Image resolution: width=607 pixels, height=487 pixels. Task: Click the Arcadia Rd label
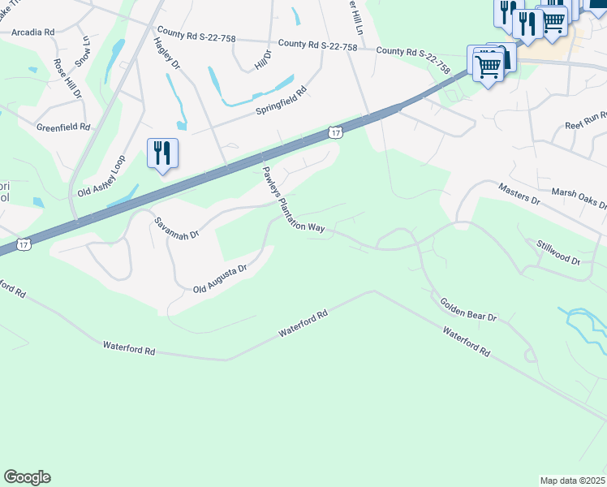pos(32,32)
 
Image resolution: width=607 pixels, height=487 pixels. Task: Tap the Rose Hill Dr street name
pos(68,78)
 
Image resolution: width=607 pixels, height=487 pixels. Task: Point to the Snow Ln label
pos(83,50)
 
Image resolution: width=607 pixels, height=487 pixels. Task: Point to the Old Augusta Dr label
pos(220,279)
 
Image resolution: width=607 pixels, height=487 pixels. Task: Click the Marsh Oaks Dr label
pos(579,197)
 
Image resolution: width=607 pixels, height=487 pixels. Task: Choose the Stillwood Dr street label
pos(558,252)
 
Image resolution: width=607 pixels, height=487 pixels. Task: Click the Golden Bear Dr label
pos(468,308)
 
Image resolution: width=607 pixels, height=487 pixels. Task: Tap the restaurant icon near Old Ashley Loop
pos(162,153)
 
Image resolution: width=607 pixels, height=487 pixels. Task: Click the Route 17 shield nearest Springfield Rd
pos(335,131)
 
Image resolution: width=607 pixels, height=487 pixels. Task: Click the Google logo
pos(27,477)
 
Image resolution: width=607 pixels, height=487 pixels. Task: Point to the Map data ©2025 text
pos(572,481)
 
